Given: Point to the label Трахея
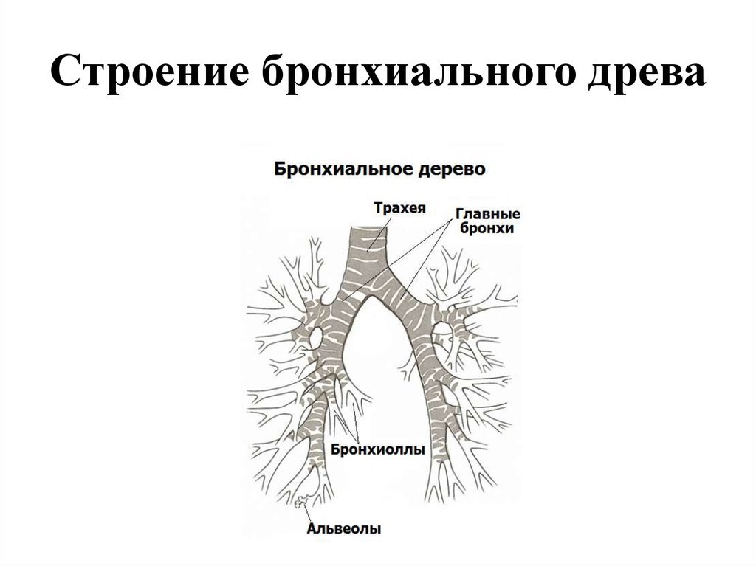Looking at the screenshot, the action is [399, 208].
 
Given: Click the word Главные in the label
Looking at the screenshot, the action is [487, 213].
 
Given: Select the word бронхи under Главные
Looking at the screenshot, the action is [487, 228].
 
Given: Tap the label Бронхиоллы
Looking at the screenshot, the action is [378, 449].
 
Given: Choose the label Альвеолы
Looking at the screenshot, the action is [344, 528].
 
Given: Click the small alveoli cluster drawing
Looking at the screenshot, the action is [302, 501].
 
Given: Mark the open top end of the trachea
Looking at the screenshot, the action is [370, 227].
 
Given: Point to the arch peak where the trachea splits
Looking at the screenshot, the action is [371, 297].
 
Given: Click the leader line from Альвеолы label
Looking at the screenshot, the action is [308, 512].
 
